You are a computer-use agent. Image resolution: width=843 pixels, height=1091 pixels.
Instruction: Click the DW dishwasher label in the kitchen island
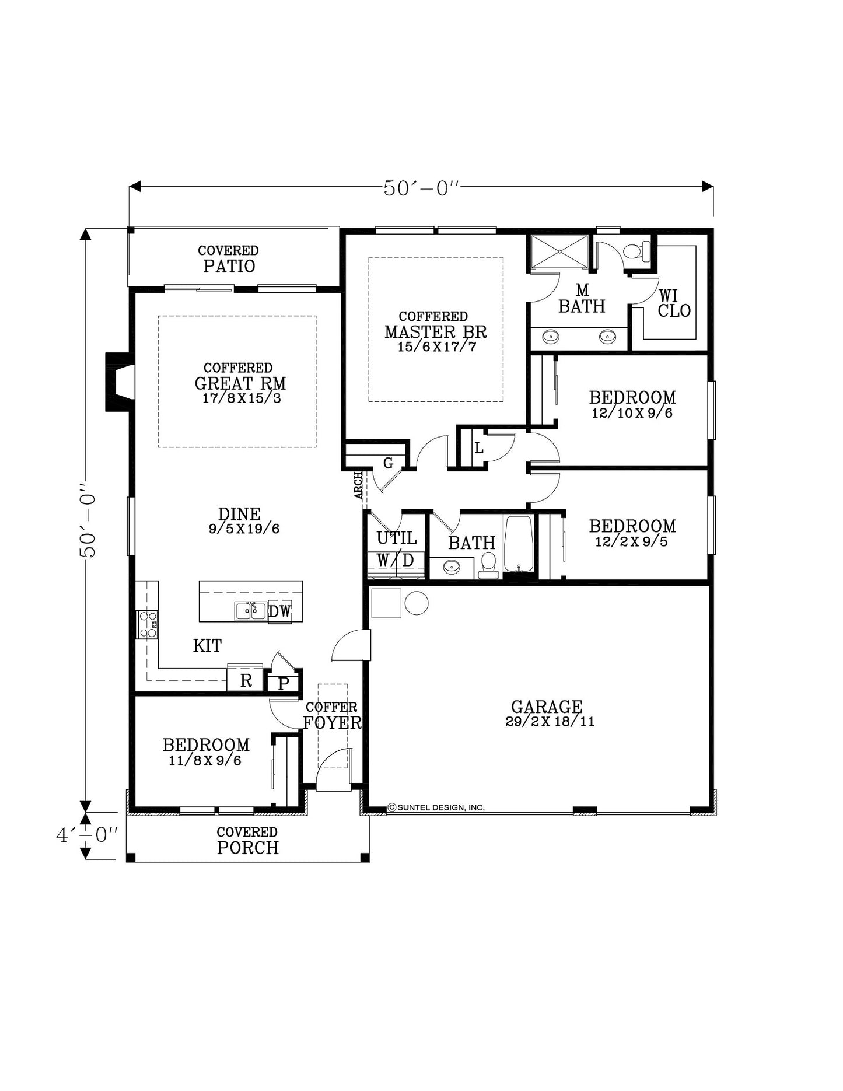pyautogui.click(x=279, y=611)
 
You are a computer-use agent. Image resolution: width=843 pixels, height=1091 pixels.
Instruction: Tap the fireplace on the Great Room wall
pyautogui.click(x=120, y=382)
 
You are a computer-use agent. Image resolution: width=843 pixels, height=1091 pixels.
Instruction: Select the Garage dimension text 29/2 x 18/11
pyautogui.click(x=550, y=722)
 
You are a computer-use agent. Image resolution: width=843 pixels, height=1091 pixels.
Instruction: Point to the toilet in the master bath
pyautogui.click(x=637, y=251)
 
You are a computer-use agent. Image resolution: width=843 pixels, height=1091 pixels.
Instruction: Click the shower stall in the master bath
pyautogui.click(x=559, y=251)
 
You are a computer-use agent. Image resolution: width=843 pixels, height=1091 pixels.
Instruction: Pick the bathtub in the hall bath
pyautogui.click(x=519, y=544)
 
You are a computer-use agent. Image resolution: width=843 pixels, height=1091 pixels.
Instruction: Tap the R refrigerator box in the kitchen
pyautogui.click(x=246, y=680)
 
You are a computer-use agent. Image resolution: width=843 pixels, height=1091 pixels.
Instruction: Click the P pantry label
pyautogui.click(x=284, y=684)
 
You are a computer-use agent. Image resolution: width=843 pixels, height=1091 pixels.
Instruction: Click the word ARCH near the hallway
pyautogui.click(x=358, y=485)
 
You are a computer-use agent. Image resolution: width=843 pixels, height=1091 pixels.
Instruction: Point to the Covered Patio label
pyautogui.click(x=229, y=259)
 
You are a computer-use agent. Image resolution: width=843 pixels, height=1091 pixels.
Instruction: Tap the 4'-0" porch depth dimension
pyautogui.click(x=87, y=835)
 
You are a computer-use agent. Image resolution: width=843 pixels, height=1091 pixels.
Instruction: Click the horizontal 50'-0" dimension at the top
pyautogui.click(x=421, y=188)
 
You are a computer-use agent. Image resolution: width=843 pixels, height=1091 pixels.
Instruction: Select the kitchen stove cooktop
pyautogui.click(x=147, y=624)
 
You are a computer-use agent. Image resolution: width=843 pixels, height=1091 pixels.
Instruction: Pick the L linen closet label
pyautogui.click(x=479, y=448)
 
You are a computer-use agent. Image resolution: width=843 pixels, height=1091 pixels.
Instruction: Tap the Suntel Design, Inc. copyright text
pyautogui.click(x=436, y=807)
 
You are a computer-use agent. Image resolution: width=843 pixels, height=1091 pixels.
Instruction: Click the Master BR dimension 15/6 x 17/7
pyautogui.click(x=437, y=347)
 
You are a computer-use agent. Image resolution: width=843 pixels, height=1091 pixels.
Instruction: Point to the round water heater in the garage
pyautogui.click(x=417, y=603)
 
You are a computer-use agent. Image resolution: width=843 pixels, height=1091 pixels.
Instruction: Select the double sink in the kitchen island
pyautogui.click(x=251, y=611)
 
